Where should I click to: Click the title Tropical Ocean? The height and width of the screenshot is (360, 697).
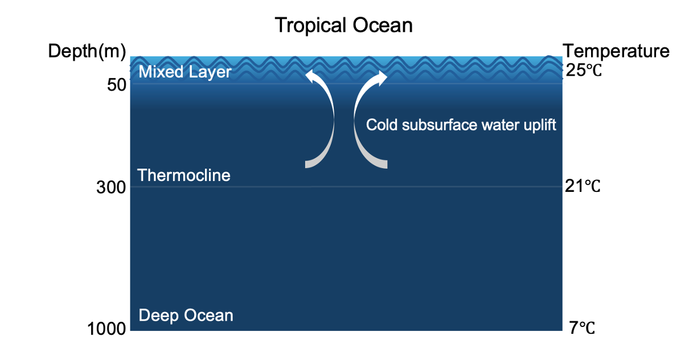(x=344, y=25)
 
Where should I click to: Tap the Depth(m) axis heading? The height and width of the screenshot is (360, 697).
(x=87, y=51)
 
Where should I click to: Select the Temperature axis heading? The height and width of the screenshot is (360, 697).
(x=616, y=51)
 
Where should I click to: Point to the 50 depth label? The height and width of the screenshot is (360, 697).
(x=117, y=85)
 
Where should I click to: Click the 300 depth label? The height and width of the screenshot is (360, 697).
(x=111, y=187)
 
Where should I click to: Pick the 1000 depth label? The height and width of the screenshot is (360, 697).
(x=106, y=329)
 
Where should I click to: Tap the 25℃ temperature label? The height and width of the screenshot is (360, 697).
(x=584, y=70)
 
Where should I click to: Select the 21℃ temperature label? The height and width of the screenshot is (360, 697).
(x=583, y=186)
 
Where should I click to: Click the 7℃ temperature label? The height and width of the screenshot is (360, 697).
(x=582, y=328)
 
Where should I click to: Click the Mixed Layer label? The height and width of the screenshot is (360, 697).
(x=185, y=72)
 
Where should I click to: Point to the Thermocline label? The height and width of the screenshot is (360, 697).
(x=184, y=175)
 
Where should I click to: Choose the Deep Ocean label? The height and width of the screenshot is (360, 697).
(x=186, y=315)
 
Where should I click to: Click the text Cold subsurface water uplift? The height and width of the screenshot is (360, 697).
(x=461, y=125)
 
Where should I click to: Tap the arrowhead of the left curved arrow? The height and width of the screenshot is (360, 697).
(x=312, y=76)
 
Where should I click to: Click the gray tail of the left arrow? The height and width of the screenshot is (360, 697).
(x=323, y=153)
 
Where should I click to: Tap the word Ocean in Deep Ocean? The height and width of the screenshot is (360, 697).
(x=208, y=315)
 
